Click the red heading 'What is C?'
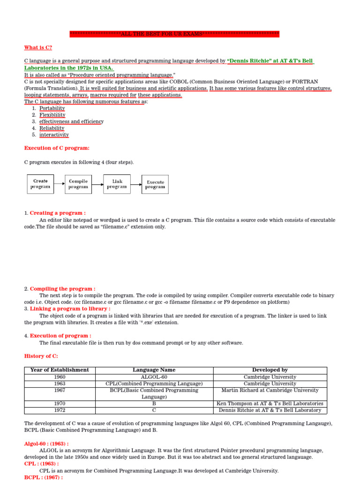click(x=38, y=48)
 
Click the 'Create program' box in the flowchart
click(x=40, y=184)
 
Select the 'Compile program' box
click(x=78, y=184)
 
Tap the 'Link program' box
click(x=117, y=184)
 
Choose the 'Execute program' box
click(x=155, y=184)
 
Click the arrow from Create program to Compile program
click(x=59, y=184)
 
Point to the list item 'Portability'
click(x=52, y=108)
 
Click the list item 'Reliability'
click(x=52, y=128)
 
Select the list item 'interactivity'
click(x=54, y=135)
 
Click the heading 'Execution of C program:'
click(x=57, y=148)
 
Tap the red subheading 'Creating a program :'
click(x=58, y=213)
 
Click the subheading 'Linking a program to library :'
click(x=70, y=309)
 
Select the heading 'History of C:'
click(x=41, y=356)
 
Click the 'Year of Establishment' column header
click(x=60, y=370)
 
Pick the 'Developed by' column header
click(x=270, y=370)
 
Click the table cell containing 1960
click(x=60, y=377)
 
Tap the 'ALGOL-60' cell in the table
click(x=154, y=377)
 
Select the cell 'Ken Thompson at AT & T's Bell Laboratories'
click(x=270, y=404)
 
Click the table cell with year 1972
click(x=60, y=410)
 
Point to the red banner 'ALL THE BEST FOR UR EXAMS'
click(x=174, y=34)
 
